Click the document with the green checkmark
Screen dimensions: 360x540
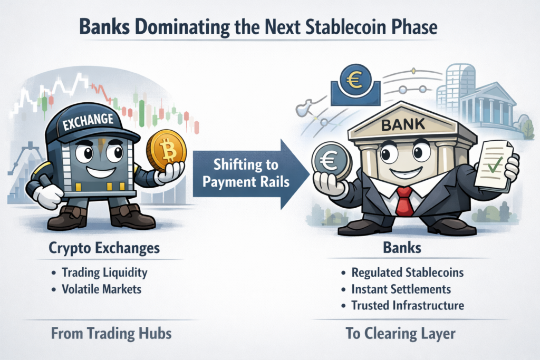pos(494,167)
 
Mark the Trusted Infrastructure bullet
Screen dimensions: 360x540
pos(407,306)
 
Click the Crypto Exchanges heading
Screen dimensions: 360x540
pos(104,248)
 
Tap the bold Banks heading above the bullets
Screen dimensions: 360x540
pos(405,248)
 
